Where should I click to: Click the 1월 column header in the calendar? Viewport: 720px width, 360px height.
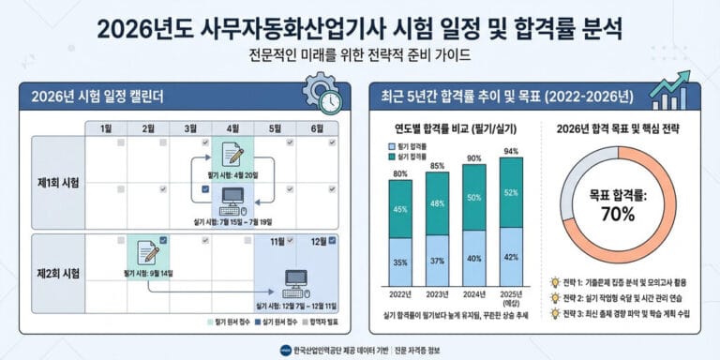click(x=106, y=128)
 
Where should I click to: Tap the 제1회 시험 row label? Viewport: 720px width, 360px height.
click(x=58, y=181)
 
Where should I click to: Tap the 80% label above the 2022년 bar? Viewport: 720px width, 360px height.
click(x=400, y=172)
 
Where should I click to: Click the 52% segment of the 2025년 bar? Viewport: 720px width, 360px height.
click(x=512, y=193)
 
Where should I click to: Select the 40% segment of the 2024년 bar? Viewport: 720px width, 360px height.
click(x=474, y=257)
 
